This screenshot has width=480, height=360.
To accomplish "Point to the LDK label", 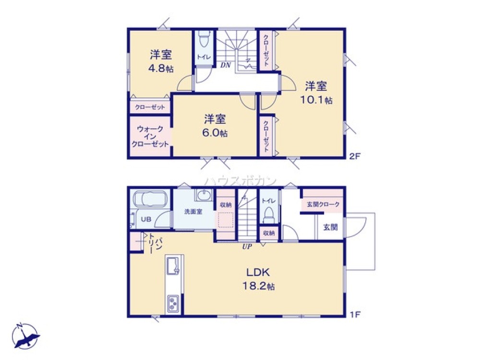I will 258,273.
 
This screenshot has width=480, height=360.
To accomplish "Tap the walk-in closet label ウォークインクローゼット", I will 150,136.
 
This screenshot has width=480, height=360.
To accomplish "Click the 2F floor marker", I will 354,156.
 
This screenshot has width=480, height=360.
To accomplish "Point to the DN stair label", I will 226,65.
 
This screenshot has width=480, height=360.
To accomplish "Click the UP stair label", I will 247,247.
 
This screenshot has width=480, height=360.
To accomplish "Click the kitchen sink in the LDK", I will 173,265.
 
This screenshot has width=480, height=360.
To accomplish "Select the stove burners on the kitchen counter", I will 173,303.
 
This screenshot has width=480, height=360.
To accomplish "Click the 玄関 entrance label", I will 329,227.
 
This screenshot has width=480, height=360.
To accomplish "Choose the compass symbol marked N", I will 26,336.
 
